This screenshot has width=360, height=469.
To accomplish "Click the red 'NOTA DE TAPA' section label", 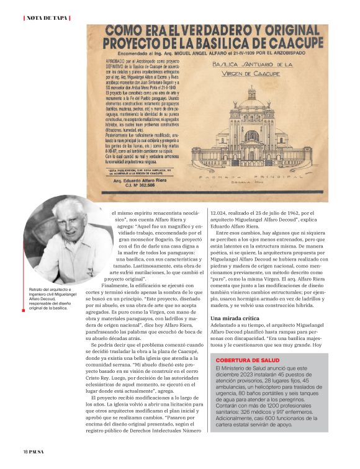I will click(46, 17).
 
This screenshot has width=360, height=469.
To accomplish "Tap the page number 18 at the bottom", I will click(25, 451).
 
